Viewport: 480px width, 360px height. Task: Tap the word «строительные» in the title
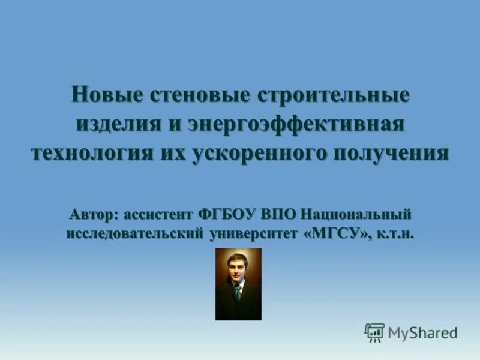pyautogui.click(x=334, y=94)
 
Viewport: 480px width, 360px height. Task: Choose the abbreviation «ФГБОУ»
pyautogui.click(x=229, y=214)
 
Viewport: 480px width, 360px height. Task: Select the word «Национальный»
pyautogui.click(x=356, y=214)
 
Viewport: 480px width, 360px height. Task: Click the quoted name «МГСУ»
pyautogui.click(x=338, y=234)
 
